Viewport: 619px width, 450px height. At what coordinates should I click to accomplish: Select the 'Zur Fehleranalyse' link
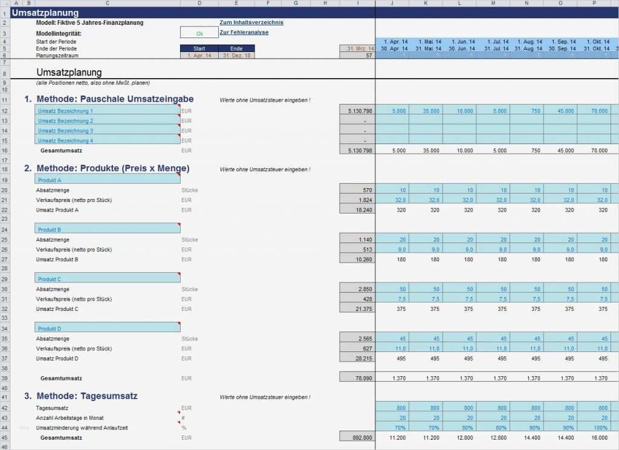pos(244,33)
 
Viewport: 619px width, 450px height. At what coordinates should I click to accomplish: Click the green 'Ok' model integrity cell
pos(199,33)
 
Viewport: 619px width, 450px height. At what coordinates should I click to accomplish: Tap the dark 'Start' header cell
pos(199,48)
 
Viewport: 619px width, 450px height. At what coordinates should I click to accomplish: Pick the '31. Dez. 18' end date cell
pos(236,55)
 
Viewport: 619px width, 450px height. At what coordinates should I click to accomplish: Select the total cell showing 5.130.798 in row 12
pos(357,111)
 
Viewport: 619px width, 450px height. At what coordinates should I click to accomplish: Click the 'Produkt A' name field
pos(108,180)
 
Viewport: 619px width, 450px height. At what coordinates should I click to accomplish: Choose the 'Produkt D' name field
pos(108,329)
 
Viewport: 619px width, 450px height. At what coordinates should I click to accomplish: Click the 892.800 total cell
pos(357,438)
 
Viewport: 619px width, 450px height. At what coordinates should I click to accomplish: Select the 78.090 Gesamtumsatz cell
pos(357,378)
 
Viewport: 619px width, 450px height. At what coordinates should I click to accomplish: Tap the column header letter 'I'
pos(357,4)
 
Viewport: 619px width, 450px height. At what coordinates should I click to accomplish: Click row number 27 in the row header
pos(4,259)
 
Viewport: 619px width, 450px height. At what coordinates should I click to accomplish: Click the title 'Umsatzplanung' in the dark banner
pos(45,13)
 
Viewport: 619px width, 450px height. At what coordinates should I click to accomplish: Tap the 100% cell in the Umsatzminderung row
pos(599,428)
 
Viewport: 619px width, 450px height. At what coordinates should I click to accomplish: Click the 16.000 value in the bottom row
pos(599,438)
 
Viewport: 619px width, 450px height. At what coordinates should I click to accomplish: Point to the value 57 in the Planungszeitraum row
pos(368,55)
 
